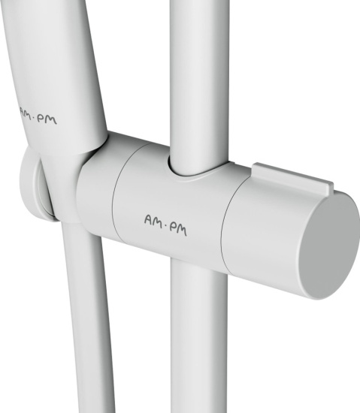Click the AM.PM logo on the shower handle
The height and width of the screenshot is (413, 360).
tap(38, 116)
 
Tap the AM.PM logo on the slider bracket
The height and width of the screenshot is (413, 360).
tap(165, 225)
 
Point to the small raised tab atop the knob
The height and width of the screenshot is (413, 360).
tap(292, 177)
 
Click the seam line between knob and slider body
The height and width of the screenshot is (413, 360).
tap(228, 224)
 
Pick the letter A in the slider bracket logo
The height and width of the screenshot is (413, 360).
tap(149, 219)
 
